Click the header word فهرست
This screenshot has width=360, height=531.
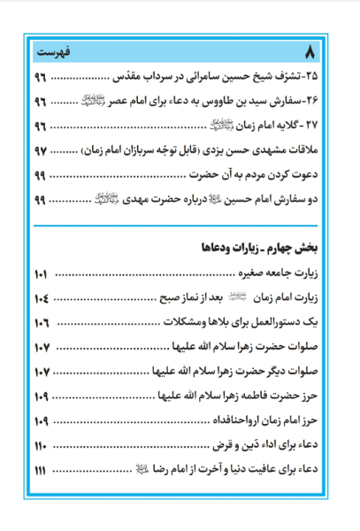[57, 45]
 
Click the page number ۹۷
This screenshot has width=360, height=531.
[44, 153]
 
